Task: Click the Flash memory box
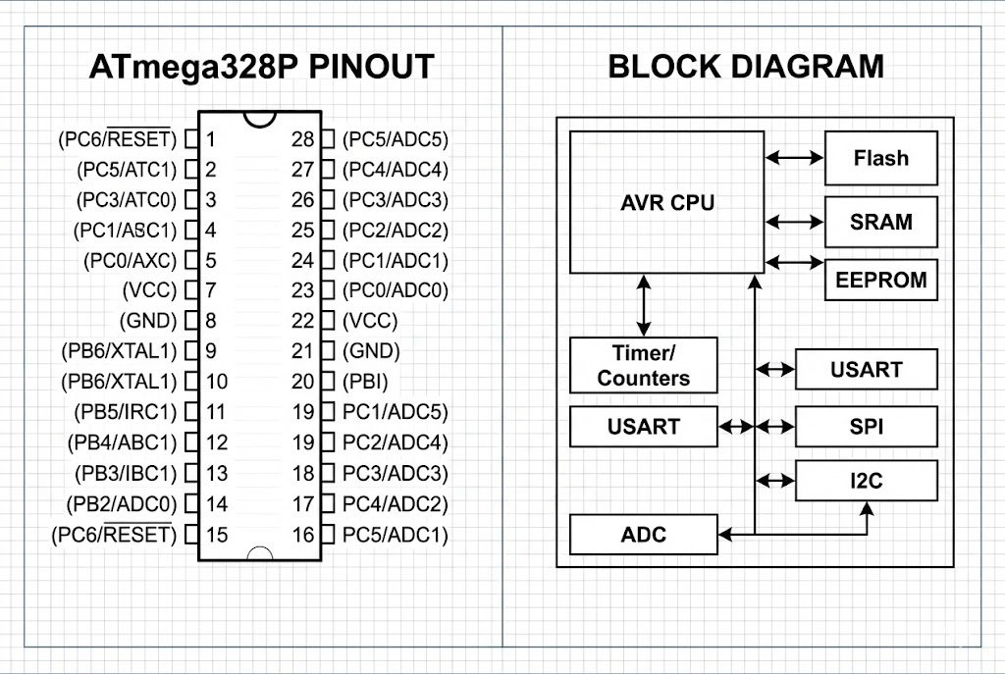pos(880,158)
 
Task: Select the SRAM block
pos(880,222)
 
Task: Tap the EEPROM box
pos(880,280)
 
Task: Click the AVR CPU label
pos(667,203)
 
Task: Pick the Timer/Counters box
pos(644,365)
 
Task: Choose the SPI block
pos(866,427)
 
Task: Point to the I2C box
pos(866,481)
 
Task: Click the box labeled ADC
pos(644,535)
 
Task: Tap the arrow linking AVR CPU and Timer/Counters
pos(644,305)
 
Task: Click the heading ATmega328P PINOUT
pos(261,67)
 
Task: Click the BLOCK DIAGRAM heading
pos(746,67)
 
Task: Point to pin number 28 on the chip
pos(303,139)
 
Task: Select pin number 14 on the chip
pos(217,504)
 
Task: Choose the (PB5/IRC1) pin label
pos(125,412)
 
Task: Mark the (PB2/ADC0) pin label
pos(124,504)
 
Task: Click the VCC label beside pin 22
pos(370,321)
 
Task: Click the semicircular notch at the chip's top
pos(260,118)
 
